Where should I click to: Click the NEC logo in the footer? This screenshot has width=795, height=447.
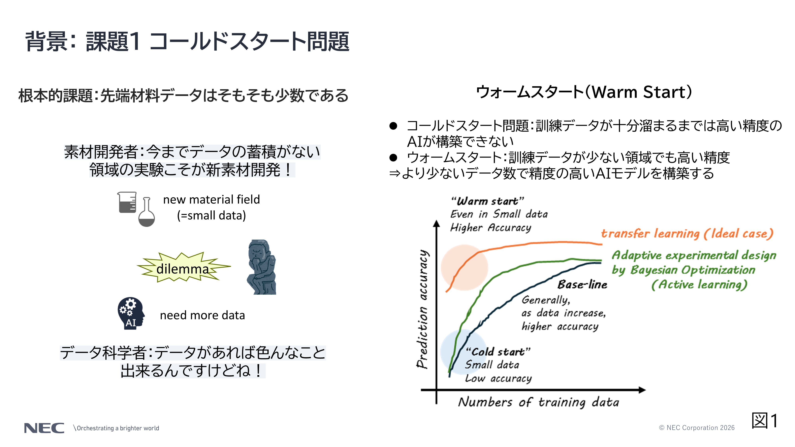tap(44, 428)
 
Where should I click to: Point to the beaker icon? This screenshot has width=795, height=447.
tap(127, 202)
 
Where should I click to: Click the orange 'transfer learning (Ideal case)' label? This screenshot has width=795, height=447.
tap(687, 233)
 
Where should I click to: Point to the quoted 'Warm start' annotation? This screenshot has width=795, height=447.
tap(487, 201)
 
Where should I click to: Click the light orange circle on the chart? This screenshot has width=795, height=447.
tap(464, 267)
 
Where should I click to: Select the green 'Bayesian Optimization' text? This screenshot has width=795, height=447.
tap(692, 270)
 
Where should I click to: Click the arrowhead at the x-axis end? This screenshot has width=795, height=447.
tap(642, 390)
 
